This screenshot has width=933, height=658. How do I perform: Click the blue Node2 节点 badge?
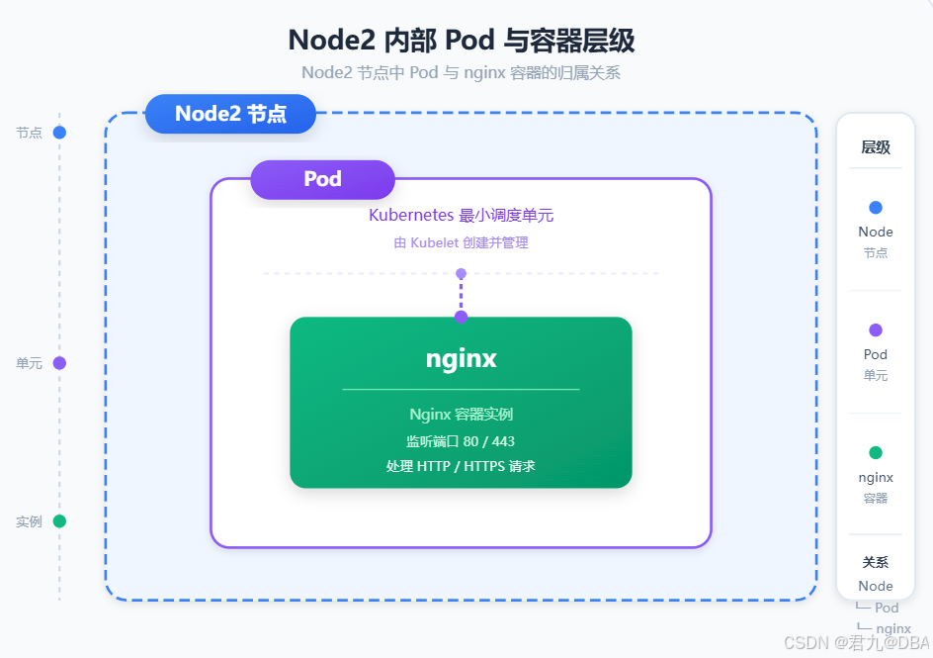230,113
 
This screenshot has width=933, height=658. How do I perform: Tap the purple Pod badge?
322,179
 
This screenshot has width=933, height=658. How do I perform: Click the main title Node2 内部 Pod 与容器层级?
462,41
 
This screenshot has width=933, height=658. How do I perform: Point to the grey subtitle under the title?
462,72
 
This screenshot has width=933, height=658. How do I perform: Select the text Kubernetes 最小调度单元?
462,215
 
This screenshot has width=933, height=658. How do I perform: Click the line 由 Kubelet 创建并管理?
462,243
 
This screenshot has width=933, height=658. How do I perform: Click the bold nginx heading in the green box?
462,359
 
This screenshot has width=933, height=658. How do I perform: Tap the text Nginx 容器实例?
462,414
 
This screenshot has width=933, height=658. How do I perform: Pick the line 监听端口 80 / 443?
461,441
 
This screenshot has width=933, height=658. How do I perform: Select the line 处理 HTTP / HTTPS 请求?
461,466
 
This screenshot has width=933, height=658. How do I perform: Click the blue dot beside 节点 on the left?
59,133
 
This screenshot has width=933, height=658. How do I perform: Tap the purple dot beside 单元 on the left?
59,363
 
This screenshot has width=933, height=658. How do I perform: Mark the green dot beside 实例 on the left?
59,521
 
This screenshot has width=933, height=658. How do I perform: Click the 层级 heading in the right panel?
876,147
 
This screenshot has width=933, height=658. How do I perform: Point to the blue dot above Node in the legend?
876,207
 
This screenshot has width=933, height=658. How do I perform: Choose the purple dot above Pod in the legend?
876,329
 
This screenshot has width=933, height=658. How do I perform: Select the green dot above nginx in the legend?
876,452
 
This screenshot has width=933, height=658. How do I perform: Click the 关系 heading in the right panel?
876,562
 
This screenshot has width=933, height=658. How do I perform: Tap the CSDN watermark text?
857,643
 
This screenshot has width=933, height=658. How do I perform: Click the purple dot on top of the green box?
462,317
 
